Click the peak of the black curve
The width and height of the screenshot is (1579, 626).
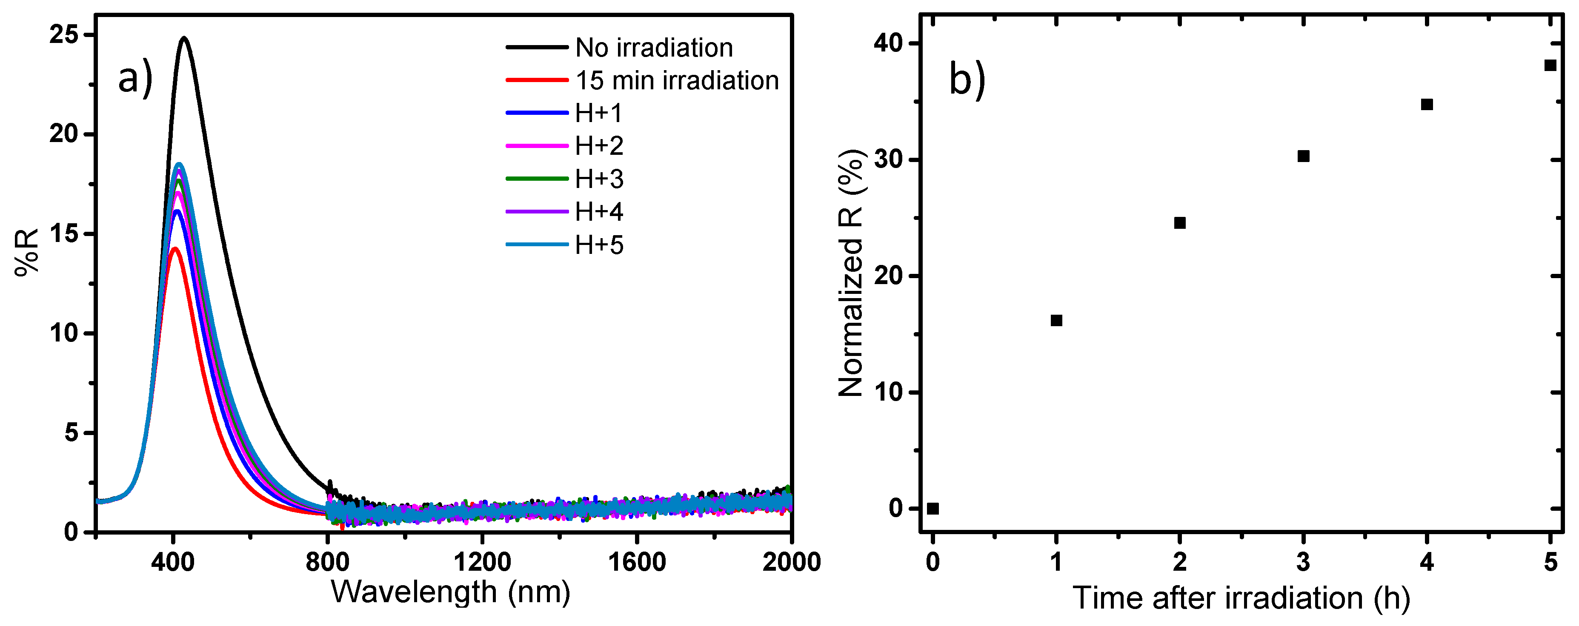(x=184, y=38)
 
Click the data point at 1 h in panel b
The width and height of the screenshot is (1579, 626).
(x=1056, y=320)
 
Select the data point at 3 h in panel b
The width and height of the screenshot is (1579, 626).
(x=1304, y=156)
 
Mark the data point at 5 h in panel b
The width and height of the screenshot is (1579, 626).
(x=1550, y=65)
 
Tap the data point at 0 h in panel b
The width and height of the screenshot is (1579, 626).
(x=933, y=508)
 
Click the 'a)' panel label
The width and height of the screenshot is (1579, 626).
(x=135, y=80)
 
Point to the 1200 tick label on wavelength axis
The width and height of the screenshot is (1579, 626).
(x=482, y=562)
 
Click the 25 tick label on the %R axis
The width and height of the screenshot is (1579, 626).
(x=64, y=35)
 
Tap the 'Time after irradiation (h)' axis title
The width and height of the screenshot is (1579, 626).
(x=1241, y=598)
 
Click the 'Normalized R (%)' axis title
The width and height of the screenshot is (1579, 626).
(x=851, y=273)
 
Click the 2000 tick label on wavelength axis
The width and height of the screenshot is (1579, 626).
(x=791, y=562)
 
